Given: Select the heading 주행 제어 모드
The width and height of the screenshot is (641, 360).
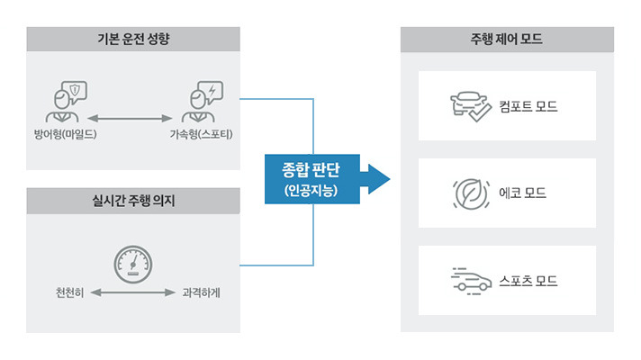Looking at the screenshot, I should (x=506, y=40).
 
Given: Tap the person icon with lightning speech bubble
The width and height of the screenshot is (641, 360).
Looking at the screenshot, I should (x=201, y=103).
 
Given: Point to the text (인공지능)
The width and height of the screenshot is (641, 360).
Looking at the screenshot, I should (x=310, y=190).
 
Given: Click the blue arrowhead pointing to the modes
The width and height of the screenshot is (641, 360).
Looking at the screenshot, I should (x=377, y=178).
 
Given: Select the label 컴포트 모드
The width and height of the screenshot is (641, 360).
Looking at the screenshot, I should (x=528, y=106).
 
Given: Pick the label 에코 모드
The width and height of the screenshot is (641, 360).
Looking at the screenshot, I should (x=522, y=193).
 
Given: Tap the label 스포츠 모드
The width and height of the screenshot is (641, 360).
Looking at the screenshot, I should (x=528, y=280).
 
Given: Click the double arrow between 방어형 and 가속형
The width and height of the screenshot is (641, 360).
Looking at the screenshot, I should (x=131, y=118).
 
